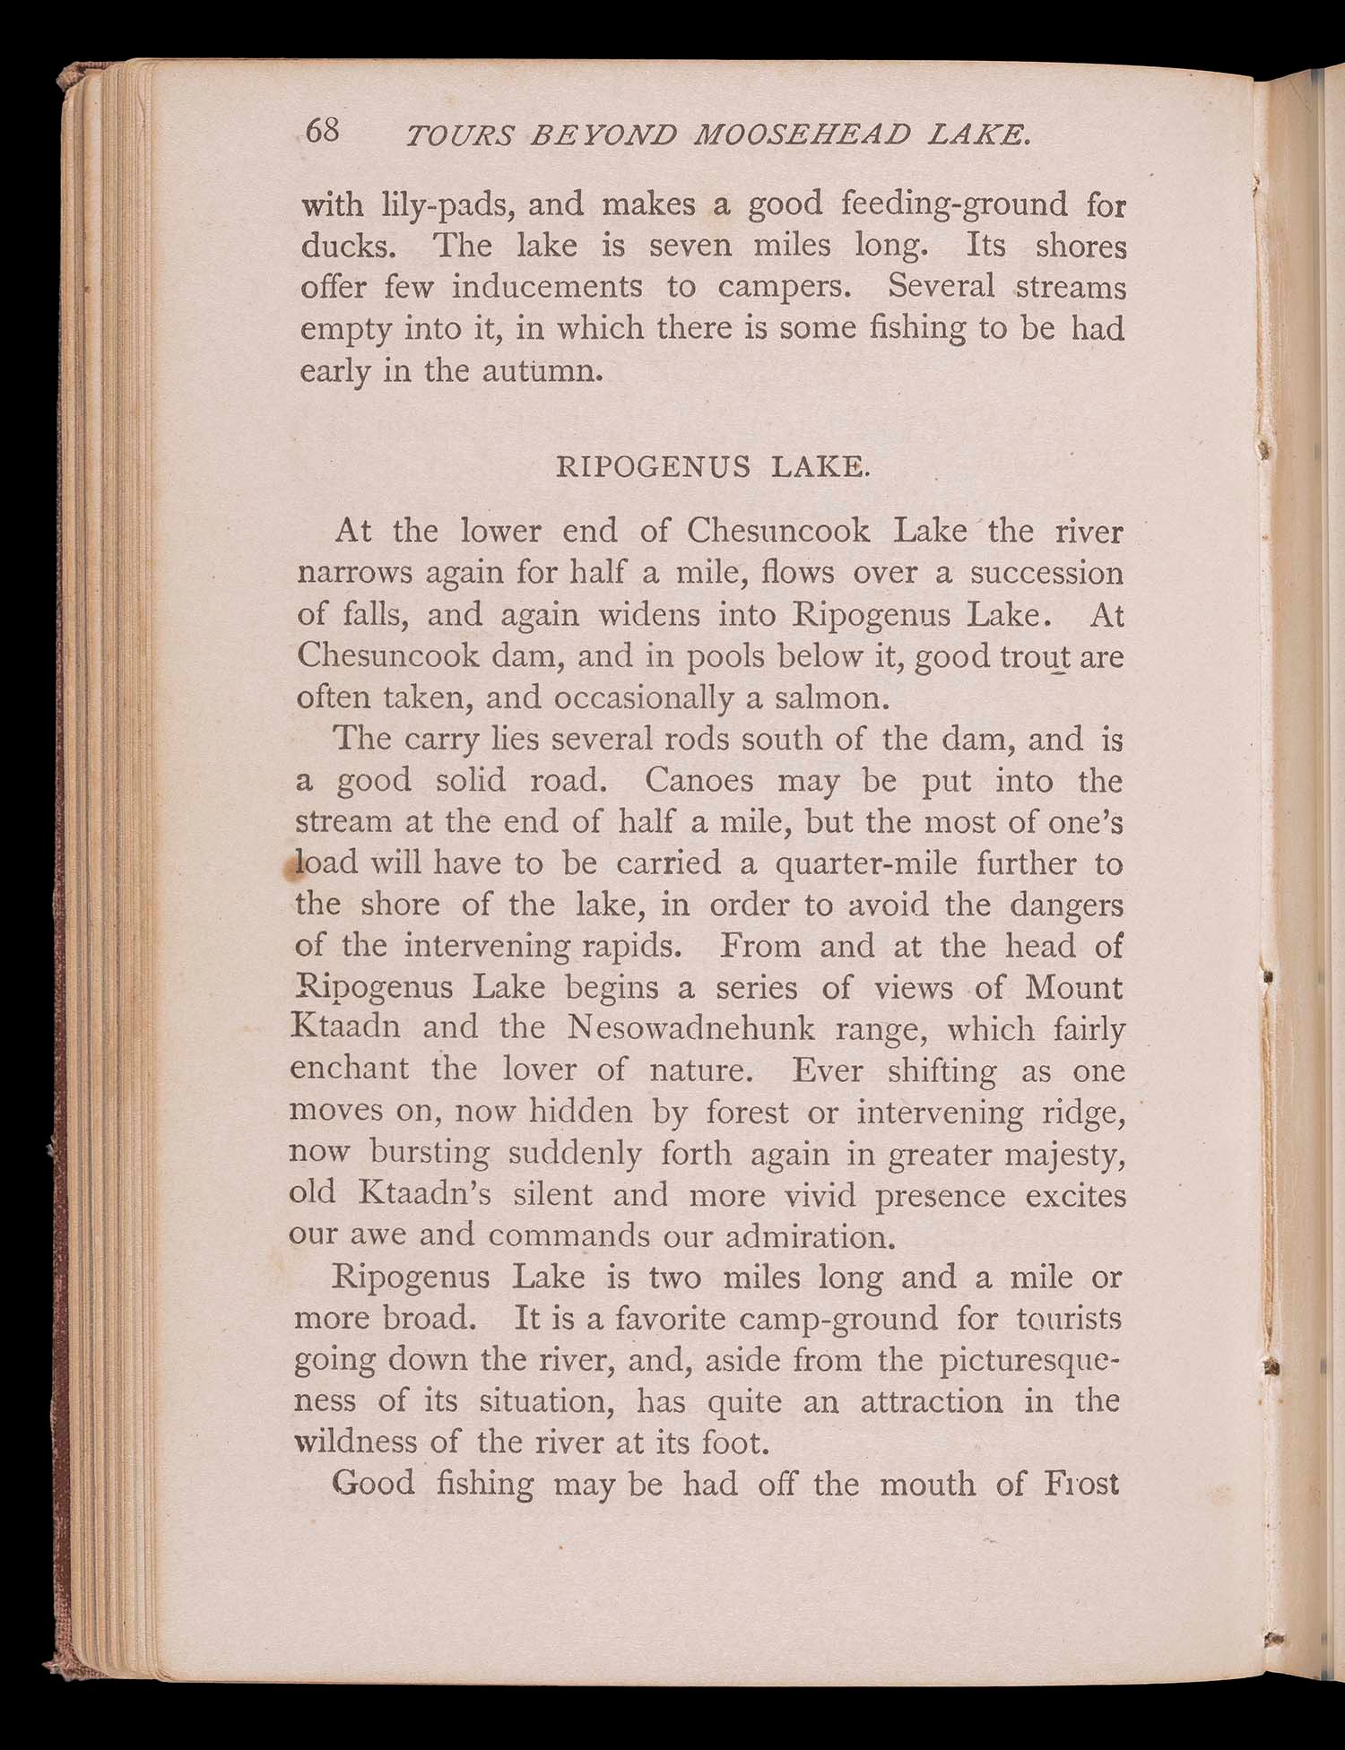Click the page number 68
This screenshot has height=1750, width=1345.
pyautogui.click(x=323, y=131)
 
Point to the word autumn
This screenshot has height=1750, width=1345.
pyautogui.click(x=542, y=370)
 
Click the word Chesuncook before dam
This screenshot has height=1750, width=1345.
pyautogui.click(x=387, y=655)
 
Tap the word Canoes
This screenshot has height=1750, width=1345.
pyautogui.click(x=699, y=780)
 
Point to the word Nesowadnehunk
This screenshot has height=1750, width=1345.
pyautogui.click(x=691, y=1027)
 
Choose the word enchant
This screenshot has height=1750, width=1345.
pyautogui.click(x=350, y=1069)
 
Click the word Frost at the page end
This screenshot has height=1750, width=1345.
pyautogui.click(x=1082, y=1484)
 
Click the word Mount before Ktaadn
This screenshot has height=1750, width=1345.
pyautogui.click(x=1073, y=987)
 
